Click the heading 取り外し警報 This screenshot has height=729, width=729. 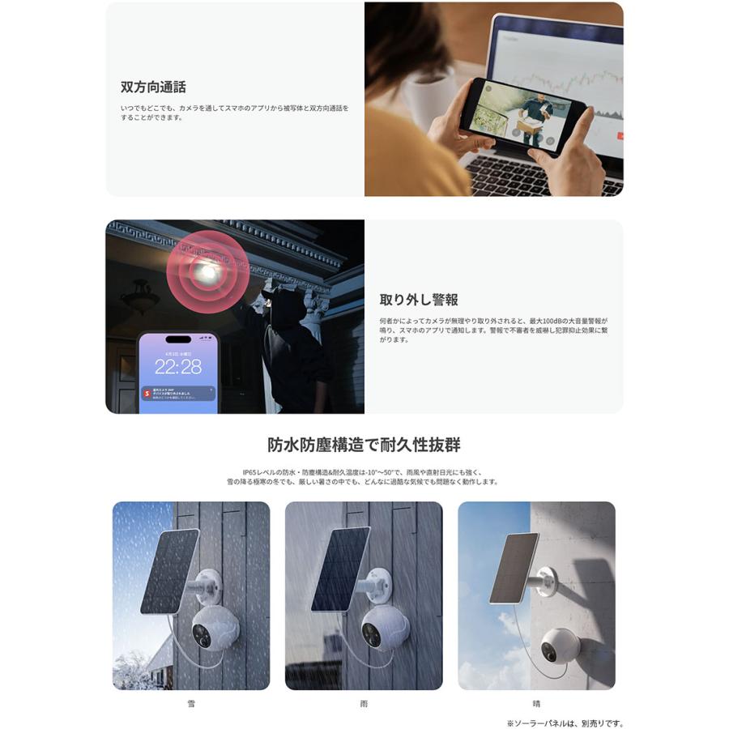(x=419, y=300)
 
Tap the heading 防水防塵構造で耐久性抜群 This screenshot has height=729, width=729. (x=364, y=445)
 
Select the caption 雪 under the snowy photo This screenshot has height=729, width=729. (x=190, y=704)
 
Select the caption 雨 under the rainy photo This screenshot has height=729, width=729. (x=364, y=704)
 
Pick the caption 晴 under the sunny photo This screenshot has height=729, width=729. (x=536, y=704)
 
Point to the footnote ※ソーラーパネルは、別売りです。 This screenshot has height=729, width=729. (x=565, y=723)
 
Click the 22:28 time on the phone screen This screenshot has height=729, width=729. (x=178, y=367)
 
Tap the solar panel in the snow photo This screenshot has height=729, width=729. (x=169, y=570)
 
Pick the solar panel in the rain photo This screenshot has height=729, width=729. (x=341, y=569)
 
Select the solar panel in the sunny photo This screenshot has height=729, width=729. (x=514, y=567)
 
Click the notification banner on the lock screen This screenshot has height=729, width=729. (x=177, y=394)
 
